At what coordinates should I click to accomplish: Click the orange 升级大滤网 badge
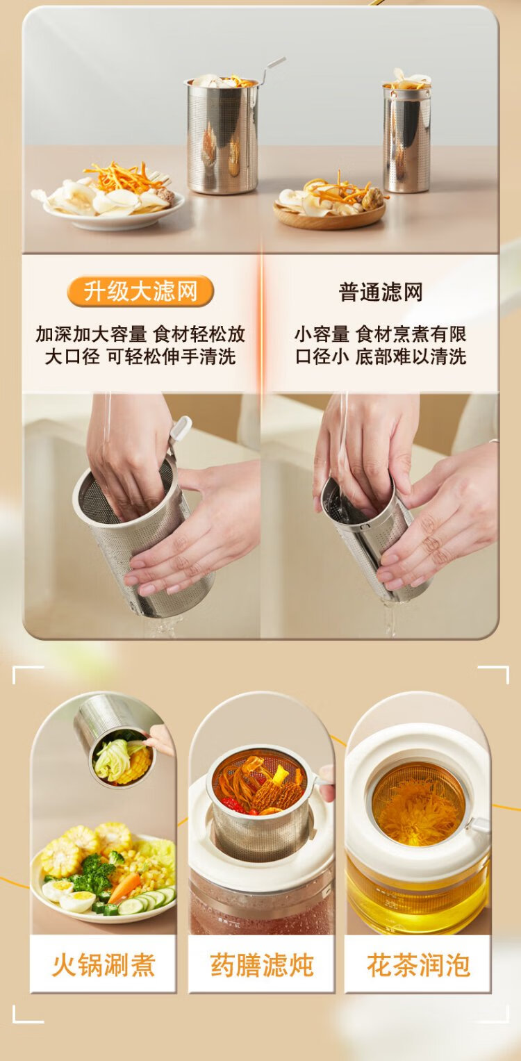tap(140, 291)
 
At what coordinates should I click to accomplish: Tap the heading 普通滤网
tap(381, 292)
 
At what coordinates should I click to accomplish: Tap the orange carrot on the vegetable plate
tap(124, 888)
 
